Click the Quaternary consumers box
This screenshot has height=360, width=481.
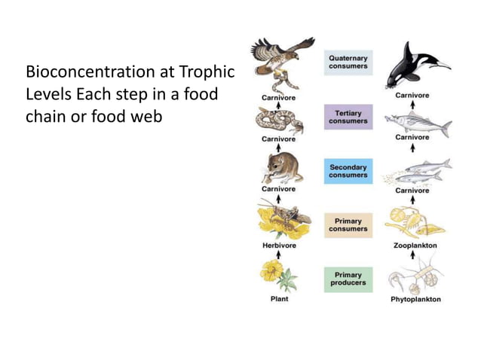click(x=348, y=63)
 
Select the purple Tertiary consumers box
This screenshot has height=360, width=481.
click(x=348, y=117)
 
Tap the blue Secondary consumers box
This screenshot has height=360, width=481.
click(x=348, y=171)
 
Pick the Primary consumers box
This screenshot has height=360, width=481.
click(x=348, y=225)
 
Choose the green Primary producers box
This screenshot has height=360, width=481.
click(x=348, y=279)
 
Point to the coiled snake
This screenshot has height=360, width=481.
click(x=278, y=119)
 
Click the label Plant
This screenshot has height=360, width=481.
click(x=279, y=299)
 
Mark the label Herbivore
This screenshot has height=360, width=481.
click(x=278, y=246)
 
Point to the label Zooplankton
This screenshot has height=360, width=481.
click(x=415, y=246)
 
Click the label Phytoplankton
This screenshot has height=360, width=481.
click(x=415, y=299)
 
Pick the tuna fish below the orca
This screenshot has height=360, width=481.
click(x=417, y=123)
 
